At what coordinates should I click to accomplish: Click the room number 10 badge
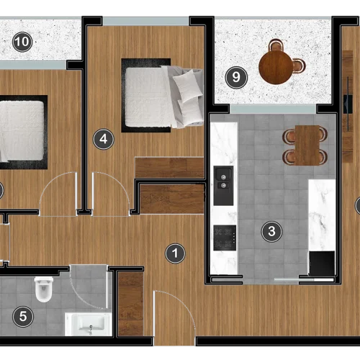(x=22, y=42)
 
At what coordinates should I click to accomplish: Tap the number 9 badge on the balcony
(x=236, y=77)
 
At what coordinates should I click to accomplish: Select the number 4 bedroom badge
(x=104, y=139)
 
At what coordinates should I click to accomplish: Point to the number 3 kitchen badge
(x=271, y=232)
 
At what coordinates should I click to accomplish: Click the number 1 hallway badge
(x=175, y=253)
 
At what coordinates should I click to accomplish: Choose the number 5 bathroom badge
(x=23, y=317)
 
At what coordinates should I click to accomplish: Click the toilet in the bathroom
(x=43, y=289)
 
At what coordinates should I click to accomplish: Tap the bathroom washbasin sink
(x=89, y=324)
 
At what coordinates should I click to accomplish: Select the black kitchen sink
(x=223, y=186)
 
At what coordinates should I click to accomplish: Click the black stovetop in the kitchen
(x=225, y=238)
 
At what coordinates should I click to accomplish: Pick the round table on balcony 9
(x=276, y=68)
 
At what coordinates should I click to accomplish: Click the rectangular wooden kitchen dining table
(x=307, y=145)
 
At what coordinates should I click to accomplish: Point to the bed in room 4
(x=163, y=96)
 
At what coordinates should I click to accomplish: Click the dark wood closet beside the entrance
(x=131, y=304)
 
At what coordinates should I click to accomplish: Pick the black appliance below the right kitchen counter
(x=322, y=264)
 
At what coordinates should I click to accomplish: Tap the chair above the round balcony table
(x=276, y=45)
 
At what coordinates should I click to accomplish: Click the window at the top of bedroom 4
(x=146, y=21)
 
